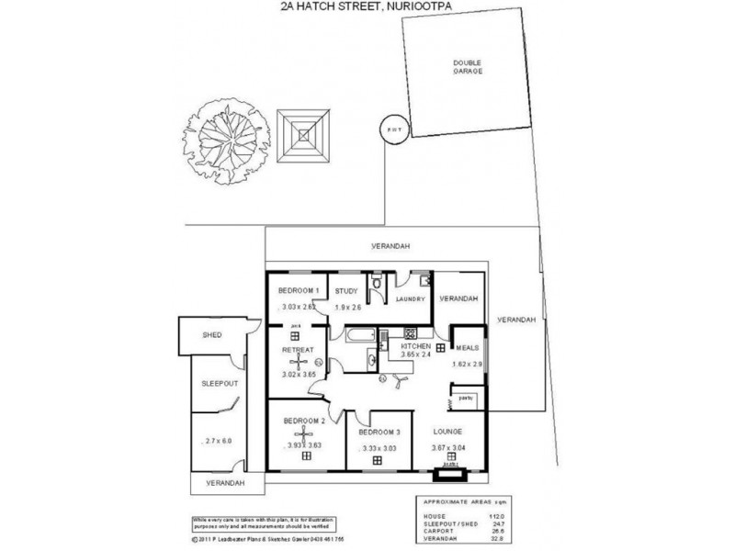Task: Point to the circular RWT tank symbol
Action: (391, 129)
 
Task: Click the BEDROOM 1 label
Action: (299, 291)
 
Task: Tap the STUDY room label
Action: (345, 291)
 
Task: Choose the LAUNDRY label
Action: (408, 298)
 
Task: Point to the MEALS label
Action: (466, 349)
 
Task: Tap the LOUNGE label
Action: (447, 432)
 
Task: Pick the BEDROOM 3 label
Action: (378, 432)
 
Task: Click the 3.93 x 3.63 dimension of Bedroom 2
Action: (303, 445)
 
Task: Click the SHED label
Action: (212, 335)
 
